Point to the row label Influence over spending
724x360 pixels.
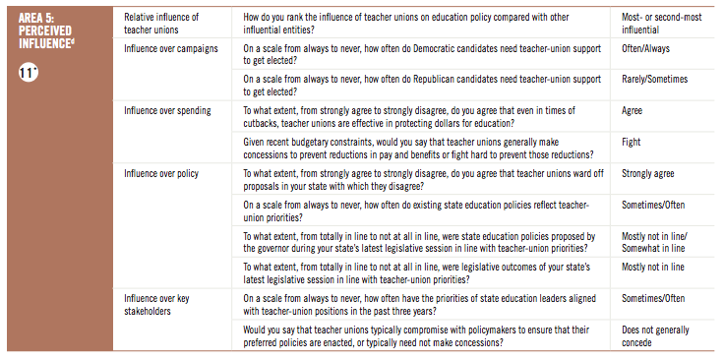[167, 110]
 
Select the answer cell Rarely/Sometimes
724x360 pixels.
[655, 79]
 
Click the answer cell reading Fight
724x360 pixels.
[633, 142]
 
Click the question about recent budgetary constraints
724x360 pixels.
[417, 148]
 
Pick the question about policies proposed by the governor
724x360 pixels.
[418, 242]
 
